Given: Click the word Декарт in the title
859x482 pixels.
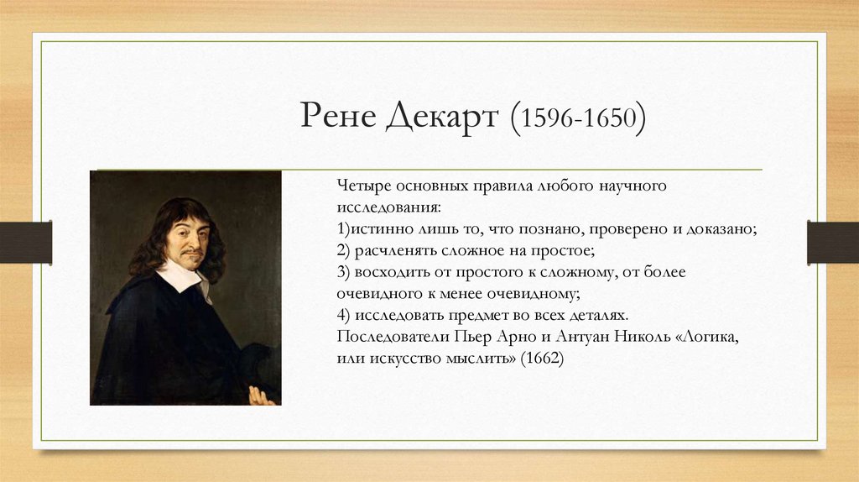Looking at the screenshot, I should (441, 118).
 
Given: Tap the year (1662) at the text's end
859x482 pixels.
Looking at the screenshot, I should (542, 358).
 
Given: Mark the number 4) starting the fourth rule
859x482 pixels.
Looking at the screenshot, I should (344, 314).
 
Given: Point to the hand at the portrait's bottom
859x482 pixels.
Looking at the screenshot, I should (263, 395).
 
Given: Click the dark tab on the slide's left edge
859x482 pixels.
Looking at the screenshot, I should (25, 242).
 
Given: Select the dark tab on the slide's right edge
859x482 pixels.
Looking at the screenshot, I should (833, 242).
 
